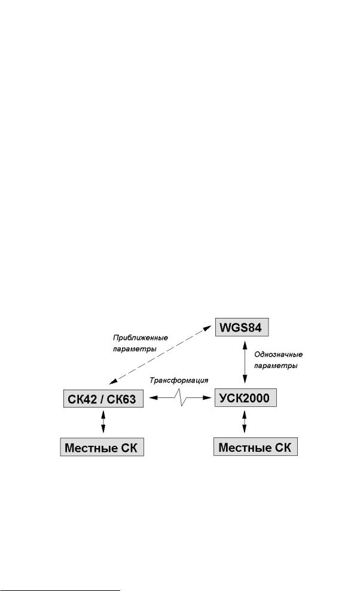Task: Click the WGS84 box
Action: tap(242, 327)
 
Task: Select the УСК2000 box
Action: tap(245, 397)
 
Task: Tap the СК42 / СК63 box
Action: tap(103, 399)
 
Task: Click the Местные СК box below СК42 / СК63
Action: tap(102, 447)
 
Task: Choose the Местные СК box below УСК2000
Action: tap(255, 447)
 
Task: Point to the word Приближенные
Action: tap(141, 338)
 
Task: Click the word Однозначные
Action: tap(279, 354)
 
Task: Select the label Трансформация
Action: tap(179, 380)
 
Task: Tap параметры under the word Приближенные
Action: tap(135, 349)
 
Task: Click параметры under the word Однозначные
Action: tap(276, 366)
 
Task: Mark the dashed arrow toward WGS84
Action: tap(160, 355)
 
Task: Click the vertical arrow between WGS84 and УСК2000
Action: tap(245, 362)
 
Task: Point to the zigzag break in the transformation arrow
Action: tap(181, 397)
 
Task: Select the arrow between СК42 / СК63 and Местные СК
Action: tap(103, 422)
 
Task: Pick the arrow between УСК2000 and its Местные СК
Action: tap(244, 422)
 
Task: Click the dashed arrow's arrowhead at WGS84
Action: tap(208, 328)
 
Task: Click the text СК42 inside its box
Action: tap(83, 399)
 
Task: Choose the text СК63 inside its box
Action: tap(121, 399)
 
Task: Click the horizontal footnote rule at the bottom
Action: tap(60, 587)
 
